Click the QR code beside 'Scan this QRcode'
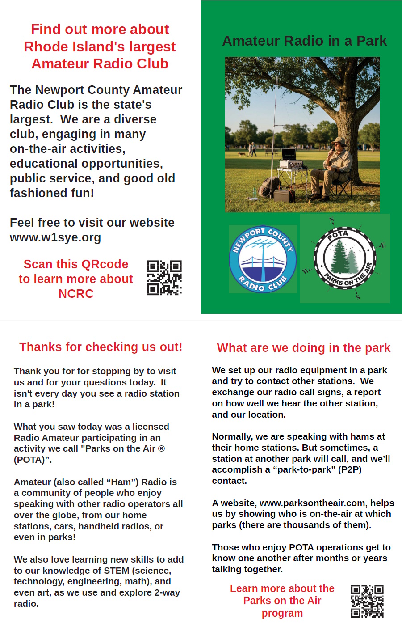164,278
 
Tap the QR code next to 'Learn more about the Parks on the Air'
367,601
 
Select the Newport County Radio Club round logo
263,259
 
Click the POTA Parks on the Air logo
345,258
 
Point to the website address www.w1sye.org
55,237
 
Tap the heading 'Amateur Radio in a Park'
304,41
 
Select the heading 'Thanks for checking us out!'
100,347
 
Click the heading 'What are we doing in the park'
303,348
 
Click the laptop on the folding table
289,155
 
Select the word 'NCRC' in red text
76,294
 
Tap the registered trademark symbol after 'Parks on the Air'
161,448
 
